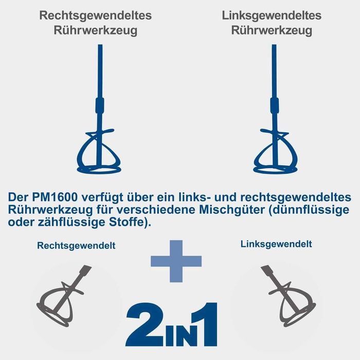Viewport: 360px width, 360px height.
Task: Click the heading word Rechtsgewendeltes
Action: pyautogui.click(x=96, y=16)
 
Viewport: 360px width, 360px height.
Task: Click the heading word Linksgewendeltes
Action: pyautogui.click(x=272, y=16)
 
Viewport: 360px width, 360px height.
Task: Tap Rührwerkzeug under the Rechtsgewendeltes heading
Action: pyautogui.click(x=96, y=30)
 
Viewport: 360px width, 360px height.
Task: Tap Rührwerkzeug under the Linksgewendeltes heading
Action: pyautogui.click(x=272, y=30)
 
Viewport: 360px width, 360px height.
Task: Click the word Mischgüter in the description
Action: pyautogui.click(x=231, y=210)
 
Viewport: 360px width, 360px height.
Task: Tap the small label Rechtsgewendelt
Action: pyautogui.click(x=76, y=246)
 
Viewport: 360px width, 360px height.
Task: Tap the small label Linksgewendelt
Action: pyautogui.click(x=276, y=244)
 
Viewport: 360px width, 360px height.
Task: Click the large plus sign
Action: pyautogui.click(x=176, y=261)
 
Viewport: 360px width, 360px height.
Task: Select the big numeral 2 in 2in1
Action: pyautogui.click(x=145, y=325)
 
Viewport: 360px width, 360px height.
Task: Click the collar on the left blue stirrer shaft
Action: pyautogui.click(x=100, y=105)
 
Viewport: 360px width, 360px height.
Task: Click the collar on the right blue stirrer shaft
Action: pyautogui.click(x=275, y=105)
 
